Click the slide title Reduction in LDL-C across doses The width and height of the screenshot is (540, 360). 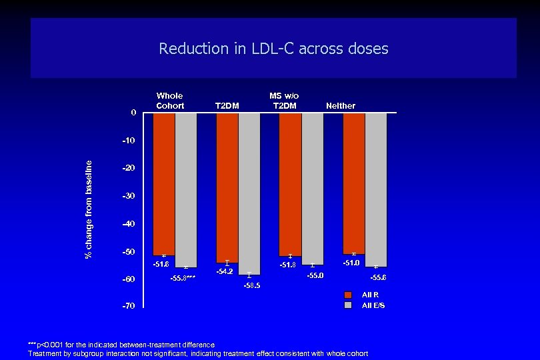click(273, 49)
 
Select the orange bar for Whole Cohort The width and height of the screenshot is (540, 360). click(163, 184)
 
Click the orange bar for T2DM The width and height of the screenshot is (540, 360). click(227, 187)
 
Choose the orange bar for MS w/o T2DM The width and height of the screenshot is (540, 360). click(290, 184)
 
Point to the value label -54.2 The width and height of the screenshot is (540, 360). click(225, 271)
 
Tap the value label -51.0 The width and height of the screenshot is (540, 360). click(351, 263)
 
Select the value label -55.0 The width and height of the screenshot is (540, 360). click(315, 275)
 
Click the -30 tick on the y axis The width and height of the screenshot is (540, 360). click(128, 196)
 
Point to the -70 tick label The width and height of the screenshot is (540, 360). click(128, 306)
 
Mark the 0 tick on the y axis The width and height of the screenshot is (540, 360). click(133, 113)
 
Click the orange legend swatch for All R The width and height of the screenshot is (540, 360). click(347, 295)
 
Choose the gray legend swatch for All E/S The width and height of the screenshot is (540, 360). click(347, 305)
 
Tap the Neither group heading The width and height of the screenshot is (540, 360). click(341, 105)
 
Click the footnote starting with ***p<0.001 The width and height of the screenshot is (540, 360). click(121, 344)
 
